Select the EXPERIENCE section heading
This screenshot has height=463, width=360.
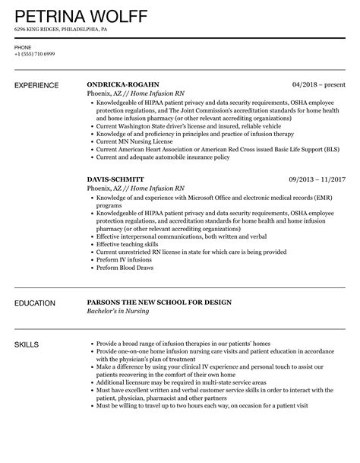click(40, 86)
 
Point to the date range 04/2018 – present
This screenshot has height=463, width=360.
click(318, 86)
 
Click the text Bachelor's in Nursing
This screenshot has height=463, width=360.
click(117, 311)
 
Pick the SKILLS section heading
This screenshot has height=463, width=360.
click(29, 344)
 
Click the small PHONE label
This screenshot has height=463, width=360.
click(23, 47)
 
